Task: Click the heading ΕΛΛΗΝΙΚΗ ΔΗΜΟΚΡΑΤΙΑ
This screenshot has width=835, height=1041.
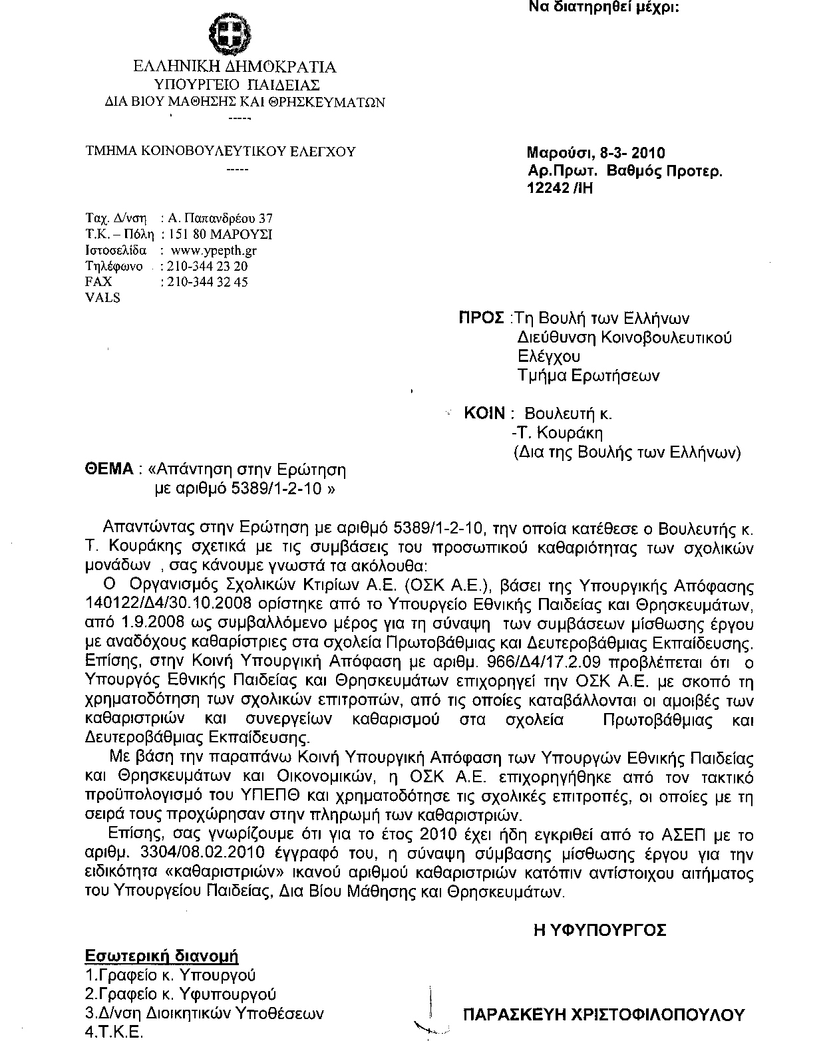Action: pyautogui.click(x=235, y=67)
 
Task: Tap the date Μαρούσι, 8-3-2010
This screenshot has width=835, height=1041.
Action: pyautogui.click(x=595, y=154)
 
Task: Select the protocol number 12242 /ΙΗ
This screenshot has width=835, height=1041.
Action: pyautogui.click(x=560, y=188)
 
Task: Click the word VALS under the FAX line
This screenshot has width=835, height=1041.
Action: pyautogui.click(x=103, y=298)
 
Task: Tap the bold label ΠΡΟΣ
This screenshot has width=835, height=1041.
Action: pyautogui.click(x=481, y=318)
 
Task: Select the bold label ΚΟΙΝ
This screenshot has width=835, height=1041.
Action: pyautogui.click(x=485, y=413)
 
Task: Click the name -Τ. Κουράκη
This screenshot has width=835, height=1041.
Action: pyautogui.click(x=558, y=433)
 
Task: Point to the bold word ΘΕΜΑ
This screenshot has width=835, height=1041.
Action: pyautogui.click(x=110, y=470)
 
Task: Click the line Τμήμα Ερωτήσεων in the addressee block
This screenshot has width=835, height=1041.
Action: pyautogui.click(x=589, y=376)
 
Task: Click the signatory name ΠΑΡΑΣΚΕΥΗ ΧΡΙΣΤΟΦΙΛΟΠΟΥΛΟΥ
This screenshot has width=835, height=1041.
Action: pyautogui.click(x=603, y=1015)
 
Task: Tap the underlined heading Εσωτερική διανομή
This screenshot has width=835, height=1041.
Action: pyautogui.click(x=162, y=957)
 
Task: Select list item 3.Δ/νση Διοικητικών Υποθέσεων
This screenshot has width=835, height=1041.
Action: pyautogui.click(x=205, y=1014)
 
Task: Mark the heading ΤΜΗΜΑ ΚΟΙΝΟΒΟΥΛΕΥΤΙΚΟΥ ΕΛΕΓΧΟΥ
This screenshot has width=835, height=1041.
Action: pyautogui.click(x=221, y=152)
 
